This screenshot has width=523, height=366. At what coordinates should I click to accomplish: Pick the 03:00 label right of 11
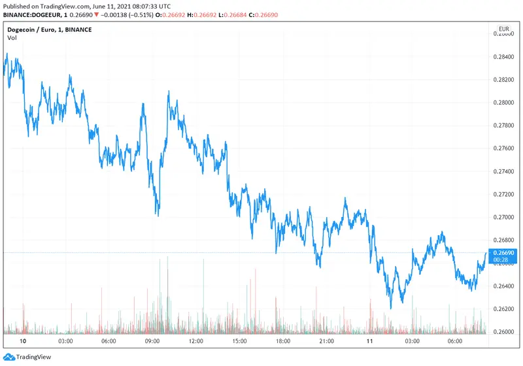coord(413,341)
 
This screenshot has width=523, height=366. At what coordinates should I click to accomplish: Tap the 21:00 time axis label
coord(326,341)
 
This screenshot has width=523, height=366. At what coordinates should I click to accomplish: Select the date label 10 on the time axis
coord(23,341)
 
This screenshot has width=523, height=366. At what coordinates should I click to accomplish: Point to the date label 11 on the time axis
coord(369,341)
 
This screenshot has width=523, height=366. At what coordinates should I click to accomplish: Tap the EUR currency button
coord(504,29)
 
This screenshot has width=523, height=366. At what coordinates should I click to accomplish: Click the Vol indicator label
coord(12,38)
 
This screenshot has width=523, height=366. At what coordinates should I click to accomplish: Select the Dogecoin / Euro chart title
coord(49,29)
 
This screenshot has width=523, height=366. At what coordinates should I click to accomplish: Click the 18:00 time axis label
coord(282,341)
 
